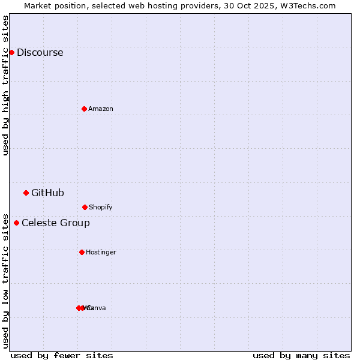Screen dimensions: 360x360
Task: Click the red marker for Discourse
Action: (11, 52)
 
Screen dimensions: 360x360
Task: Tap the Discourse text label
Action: (40, 52)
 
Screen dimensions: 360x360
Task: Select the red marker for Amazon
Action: (84, 109)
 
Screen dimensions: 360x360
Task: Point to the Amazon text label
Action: (101, 109)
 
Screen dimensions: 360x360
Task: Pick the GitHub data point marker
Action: (26, 193)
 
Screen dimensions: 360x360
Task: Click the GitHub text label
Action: (47, 193)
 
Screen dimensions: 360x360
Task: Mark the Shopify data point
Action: (85, 207)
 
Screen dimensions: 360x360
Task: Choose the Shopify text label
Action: (101, 207)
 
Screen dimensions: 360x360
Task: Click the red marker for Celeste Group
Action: (16, 223)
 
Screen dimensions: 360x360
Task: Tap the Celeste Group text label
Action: (56, 223)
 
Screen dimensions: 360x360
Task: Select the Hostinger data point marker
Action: (82, 252)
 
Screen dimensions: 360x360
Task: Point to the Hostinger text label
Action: (101, 252)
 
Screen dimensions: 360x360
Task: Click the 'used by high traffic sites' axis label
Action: (6, 85)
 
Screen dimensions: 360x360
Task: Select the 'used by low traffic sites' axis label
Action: (6, 280)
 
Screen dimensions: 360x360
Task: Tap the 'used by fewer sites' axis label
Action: (62, 355)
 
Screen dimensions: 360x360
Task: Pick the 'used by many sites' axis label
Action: (301, 355)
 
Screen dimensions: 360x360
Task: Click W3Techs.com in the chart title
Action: (308, 5)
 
